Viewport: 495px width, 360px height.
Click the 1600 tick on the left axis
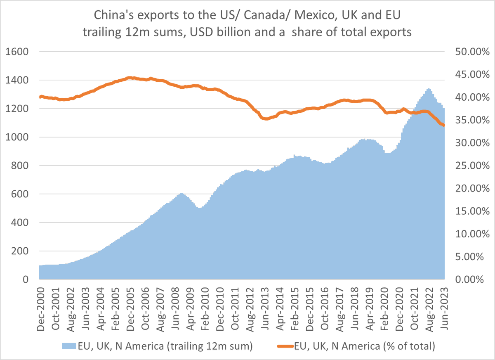pos(16,52)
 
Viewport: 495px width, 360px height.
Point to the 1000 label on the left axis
pos(16,137)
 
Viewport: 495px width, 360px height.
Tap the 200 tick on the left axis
pos(19,251)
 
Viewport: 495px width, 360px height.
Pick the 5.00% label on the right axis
pos(471,257)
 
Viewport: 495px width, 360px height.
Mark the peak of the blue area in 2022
pos(429,89)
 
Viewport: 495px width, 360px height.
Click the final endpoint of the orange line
pos(444,126)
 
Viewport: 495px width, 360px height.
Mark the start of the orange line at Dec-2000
pos(40,97)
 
